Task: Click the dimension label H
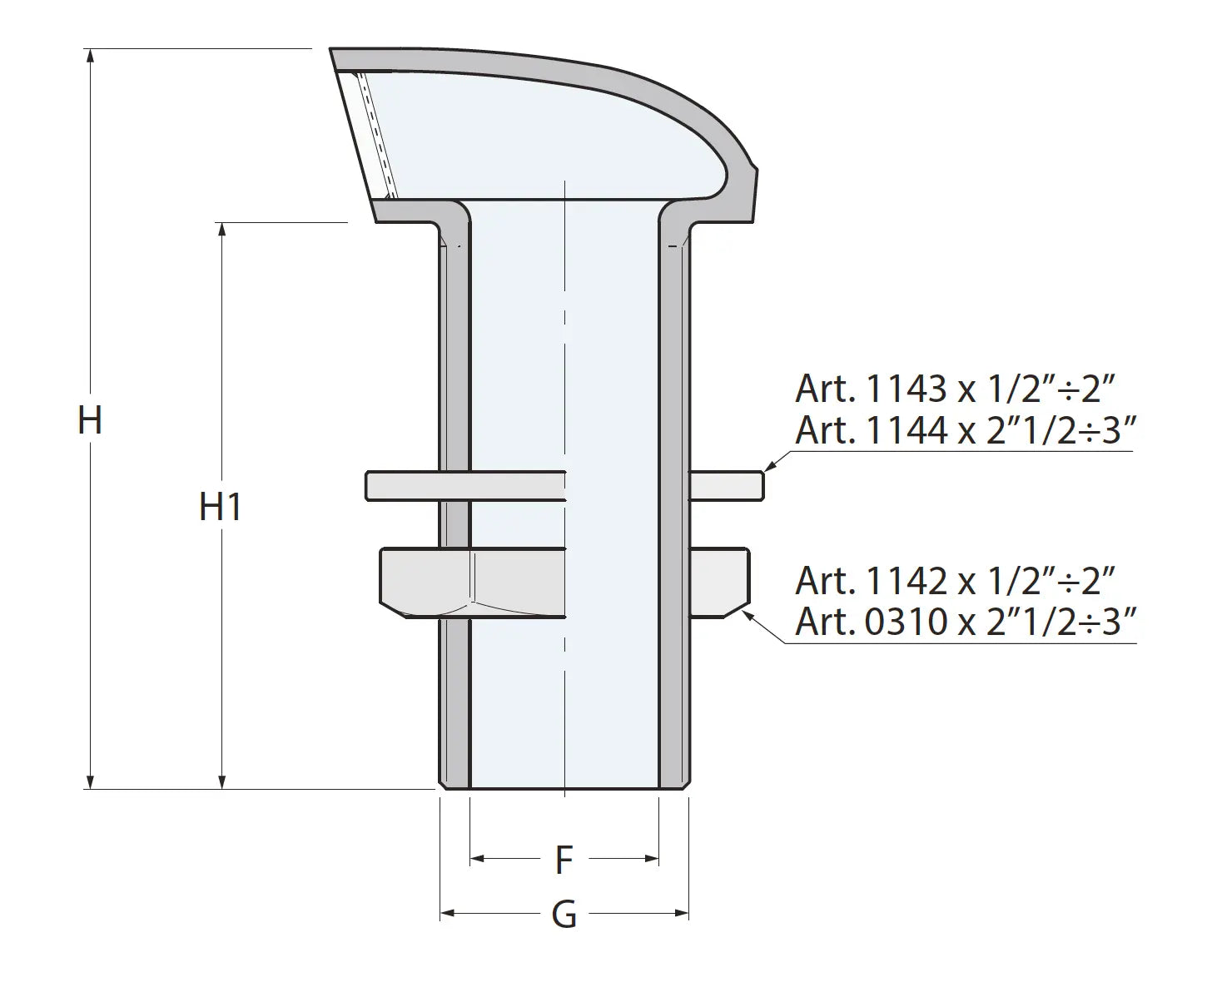coord(90,419)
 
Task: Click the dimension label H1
coord(221,506)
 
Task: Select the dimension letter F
coord(564,860)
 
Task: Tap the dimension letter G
coord(564,915)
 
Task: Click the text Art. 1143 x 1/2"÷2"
coord(954,389)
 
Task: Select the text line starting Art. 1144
coord(965,430)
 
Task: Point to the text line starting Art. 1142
coord(954,580)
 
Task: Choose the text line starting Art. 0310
coord(965,622)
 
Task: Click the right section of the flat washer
coord(726,486)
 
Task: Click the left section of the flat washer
coord(403,486)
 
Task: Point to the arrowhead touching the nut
coord(748,613)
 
